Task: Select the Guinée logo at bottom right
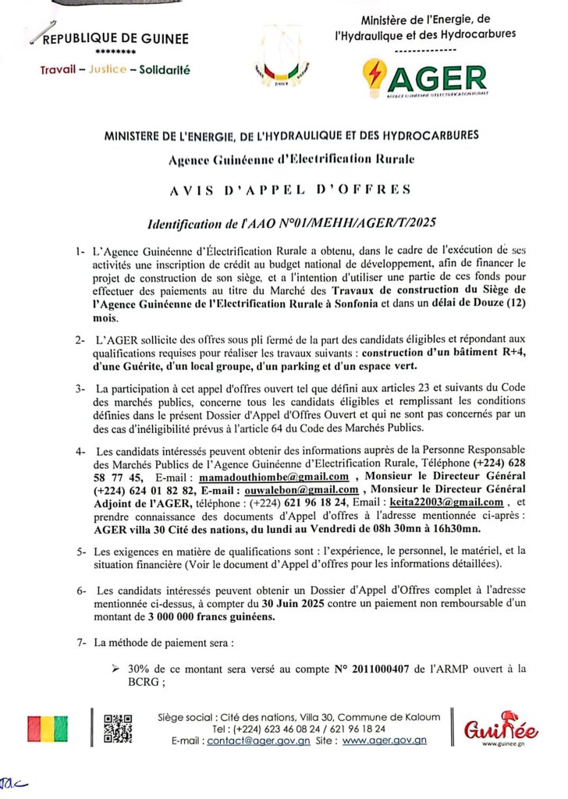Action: coord(490,730)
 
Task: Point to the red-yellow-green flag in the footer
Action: coord(47,729)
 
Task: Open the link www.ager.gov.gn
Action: coord(385,740)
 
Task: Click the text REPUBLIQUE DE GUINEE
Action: coord(115,39)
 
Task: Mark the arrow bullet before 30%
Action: coord(115,668)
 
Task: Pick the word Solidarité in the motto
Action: coord(164,69)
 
